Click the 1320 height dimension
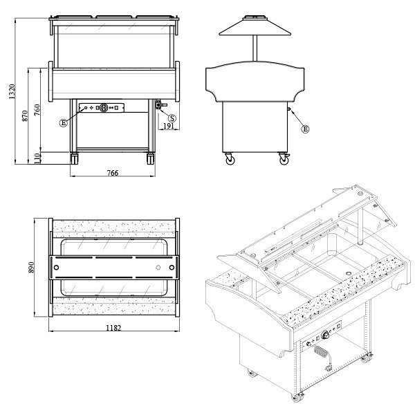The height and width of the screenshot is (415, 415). coord(12,91)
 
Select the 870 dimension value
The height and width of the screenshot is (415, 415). coord(25,116)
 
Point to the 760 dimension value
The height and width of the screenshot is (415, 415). coord(37,110)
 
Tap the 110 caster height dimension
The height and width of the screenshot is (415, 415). coord(37,158)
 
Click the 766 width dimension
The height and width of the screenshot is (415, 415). coord(113,173)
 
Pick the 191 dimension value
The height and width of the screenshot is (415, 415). coord(168,126)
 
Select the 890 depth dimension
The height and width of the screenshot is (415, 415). coord(31,267)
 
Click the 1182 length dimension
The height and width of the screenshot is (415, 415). coord(113,328)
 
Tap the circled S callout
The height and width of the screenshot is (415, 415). coord(172,118)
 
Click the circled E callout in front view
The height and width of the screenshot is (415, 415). coord(63,123)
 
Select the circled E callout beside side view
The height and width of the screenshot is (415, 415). coord(306,129)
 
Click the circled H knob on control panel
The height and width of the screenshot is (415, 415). coord(104,108)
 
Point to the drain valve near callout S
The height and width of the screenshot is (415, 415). coord(160,104)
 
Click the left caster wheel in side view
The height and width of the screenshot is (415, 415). coord(230,159)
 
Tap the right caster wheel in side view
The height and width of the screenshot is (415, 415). coord(284,159)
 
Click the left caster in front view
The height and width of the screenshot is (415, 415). coord(74,158)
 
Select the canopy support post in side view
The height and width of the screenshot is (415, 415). coord(255,48)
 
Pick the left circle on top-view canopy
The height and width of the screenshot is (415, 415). coord(56,268)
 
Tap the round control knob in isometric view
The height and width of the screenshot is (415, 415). coord(325,335)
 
